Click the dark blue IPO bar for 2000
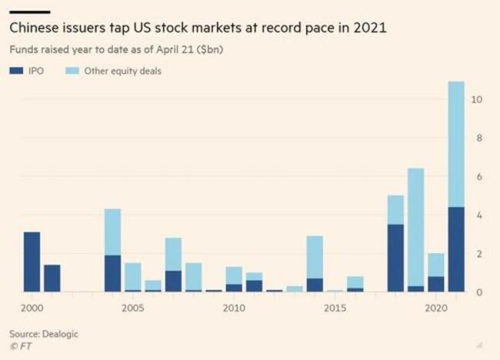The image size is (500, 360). [32, 262]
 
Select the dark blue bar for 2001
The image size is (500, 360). [52, 278]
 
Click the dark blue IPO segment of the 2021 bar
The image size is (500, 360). [456, 249]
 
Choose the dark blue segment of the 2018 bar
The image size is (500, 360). [395, 258]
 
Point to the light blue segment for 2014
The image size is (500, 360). [315, 257]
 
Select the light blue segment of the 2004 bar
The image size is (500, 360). [112, 232]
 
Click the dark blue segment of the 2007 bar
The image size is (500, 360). [173, 281]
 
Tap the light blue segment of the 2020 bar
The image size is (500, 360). [435, 265]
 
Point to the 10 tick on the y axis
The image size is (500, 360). [477, 99]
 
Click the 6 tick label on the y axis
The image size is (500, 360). [478, 176]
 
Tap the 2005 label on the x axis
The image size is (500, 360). [132, 308]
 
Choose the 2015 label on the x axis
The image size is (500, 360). [335, 308]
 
